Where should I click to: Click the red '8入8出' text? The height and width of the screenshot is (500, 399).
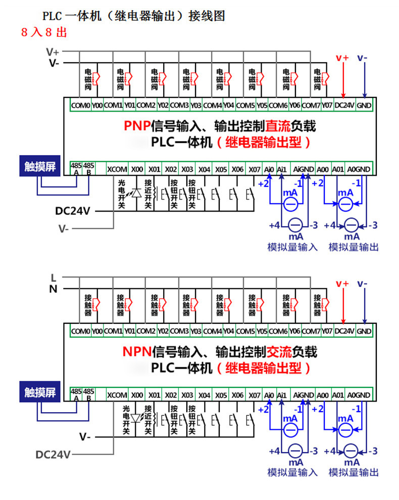pos(44,32)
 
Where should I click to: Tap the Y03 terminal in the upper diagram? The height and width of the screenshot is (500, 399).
pos(196,105)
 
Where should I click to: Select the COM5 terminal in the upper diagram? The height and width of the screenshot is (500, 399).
pos(245,105)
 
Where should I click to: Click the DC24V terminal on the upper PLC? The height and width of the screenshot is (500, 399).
pos(344,105)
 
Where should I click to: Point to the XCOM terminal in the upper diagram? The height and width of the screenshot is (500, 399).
pos(117,169)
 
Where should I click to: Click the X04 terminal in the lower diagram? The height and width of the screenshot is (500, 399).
pos(204,395)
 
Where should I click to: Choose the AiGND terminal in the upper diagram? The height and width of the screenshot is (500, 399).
pos(304,169)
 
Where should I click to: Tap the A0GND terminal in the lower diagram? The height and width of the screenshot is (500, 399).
pos(359,395)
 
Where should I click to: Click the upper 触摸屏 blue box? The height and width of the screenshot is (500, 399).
pos(40,166)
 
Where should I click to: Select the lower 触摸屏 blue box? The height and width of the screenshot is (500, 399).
pos(40,392)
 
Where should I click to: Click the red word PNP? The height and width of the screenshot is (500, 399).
pos(137,126)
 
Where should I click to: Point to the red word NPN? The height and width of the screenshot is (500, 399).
pos(137,352)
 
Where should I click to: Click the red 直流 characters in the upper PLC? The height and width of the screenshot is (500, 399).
pos(278,126)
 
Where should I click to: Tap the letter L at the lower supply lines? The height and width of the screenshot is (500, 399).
pos(54,278)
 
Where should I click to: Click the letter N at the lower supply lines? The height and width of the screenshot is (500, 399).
pos(53,289)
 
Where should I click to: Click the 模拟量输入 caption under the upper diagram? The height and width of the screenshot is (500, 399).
pos(292,247)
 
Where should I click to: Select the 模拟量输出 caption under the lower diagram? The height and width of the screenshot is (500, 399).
pos(354,473)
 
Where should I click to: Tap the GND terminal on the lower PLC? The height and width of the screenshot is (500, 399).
pos(364,331)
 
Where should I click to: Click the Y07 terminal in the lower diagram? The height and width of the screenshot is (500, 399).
pos(327,331)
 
